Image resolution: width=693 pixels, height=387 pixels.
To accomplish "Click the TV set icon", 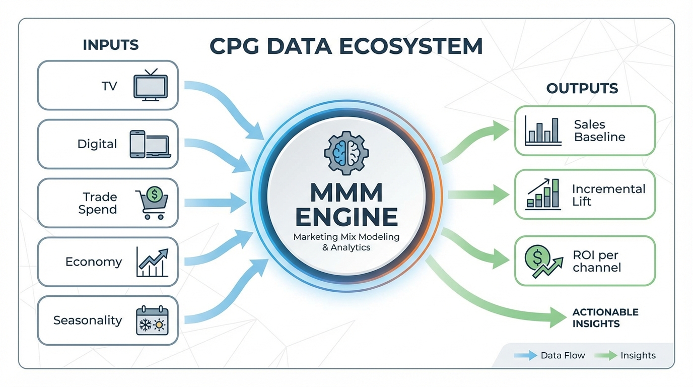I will tap(150, 86).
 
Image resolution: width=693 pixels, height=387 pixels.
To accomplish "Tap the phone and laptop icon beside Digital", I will tap(150, 144).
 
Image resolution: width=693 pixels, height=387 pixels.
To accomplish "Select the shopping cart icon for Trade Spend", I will tap(152, 203).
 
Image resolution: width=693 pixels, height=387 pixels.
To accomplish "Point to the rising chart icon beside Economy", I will tap(152, 262).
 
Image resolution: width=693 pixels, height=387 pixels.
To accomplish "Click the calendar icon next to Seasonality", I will tap(152, 320).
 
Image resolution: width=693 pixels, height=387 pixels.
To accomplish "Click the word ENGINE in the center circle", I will tap(346, 218).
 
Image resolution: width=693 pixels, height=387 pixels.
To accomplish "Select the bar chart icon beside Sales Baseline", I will tap(542, 131).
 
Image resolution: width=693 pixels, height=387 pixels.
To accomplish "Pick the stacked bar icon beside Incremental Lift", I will tap(543, 195).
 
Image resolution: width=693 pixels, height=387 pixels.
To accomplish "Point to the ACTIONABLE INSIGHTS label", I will tap(605, 318).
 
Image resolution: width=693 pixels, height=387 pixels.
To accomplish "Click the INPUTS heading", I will tap(110, 45).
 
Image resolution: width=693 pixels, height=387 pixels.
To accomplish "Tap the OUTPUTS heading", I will tap(582, 89).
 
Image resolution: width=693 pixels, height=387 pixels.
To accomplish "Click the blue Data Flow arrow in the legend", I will tap(525, 356).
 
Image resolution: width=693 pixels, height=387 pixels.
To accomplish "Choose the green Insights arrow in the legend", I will tap(605, 356).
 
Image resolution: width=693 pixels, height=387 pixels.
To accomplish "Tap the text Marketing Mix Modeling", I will tap(346, 237).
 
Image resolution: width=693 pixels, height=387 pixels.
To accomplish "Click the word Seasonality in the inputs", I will tap(88, 320).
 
